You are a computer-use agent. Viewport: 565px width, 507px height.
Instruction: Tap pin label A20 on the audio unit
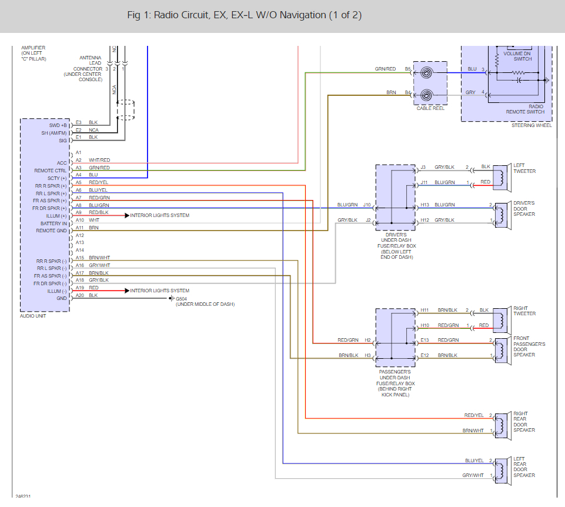tap(79, 295)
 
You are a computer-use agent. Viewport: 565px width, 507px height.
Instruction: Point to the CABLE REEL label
tap(431, 108)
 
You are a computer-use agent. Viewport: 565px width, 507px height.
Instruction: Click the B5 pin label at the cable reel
tap(407, 69)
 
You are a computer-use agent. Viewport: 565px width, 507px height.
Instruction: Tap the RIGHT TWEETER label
tap(524, 311)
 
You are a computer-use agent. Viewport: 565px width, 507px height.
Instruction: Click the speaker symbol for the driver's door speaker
tap(502, 212)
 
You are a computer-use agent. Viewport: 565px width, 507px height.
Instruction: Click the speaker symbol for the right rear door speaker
tap(502, 423)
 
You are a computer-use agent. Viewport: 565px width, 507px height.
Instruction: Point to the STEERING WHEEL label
tap(531, 125)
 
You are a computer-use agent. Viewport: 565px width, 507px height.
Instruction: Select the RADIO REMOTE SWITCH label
tap(525, 109)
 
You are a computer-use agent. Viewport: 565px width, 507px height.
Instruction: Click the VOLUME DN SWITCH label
tap(518, 56)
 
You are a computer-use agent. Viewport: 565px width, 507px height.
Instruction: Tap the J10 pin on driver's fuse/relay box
tap(367, 205)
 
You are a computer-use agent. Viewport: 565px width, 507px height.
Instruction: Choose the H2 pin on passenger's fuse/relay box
tap(367, 340)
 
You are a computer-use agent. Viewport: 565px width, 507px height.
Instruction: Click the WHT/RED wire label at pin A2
tap(99, 161)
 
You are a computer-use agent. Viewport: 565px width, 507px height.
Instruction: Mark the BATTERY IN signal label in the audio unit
tap(54, 224)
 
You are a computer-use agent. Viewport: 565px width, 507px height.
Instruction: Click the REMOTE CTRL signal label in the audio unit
tap(51, 171)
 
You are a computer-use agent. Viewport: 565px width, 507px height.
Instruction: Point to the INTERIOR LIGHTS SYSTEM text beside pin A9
tap(160, 216)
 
